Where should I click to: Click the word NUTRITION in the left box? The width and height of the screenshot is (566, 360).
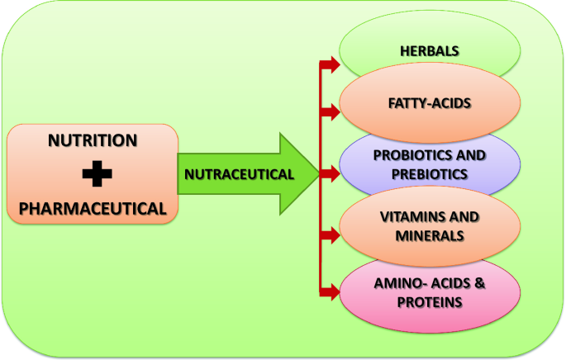tap(93, 140)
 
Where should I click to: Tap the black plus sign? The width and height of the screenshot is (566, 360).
tap(97, 174)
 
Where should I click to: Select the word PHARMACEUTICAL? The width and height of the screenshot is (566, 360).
tap(93, 209)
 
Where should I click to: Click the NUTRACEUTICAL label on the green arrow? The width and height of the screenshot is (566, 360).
tap(239, 174)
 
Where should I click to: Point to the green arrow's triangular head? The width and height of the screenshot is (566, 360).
tap(299, 174)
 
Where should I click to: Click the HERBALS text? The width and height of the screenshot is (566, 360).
tap(430, 51)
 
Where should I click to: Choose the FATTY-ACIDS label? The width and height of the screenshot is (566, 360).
tap(430, 103)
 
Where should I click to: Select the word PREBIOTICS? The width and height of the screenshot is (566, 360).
tap(430, 174)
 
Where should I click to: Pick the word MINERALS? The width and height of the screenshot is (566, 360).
tap(430, 236)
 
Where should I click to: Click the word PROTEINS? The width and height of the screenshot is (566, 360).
tap(430, 302)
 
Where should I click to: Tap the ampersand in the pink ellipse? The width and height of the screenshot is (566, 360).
tap(480, 283)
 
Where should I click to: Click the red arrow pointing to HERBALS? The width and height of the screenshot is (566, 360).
tap(330, 65)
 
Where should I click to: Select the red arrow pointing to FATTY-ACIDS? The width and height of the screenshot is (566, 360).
tap(330, 111)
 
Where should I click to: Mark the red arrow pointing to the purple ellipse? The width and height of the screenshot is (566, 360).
tap(330, 174)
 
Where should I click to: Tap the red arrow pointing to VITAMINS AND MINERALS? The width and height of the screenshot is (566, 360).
tap(330, 235)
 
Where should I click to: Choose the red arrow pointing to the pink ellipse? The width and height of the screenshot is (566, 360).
tap(330, 292)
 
